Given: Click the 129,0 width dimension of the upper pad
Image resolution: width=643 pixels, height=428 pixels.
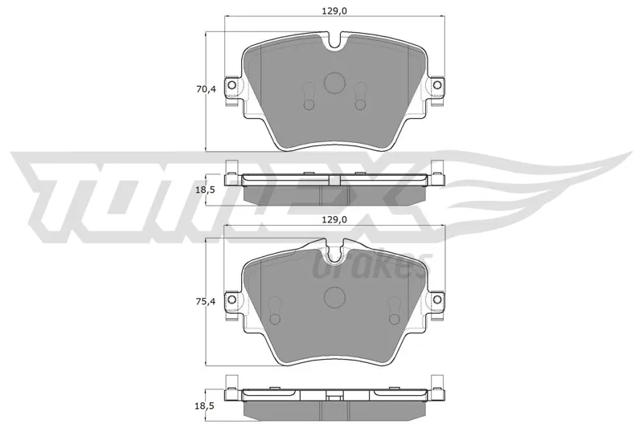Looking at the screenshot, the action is click(334, 11).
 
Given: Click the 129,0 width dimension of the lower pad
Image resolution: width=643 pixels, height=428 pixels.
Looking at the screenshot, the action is click(334, 219).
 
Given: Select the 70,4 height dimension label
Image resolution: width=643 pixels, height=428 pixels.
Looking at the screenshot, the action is click(206, 88).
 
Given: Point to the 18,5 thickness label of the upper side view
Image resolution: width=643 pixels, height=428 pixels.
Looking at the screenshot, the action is click(206, 190).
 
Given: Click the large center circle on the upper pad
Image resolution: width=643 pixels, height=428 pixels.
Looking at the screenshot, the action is click(334, 83).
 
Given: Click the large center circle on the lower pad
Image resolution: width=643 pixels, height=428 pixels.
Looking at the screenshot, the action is click(334, 296).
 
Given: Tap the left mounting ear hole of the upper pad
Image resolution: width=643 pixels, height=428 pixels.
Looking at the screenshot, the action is click(231, 85).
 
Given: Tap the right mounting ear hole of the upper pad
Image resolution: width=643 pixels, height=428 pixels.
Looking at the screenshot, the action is click(437, 85).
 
